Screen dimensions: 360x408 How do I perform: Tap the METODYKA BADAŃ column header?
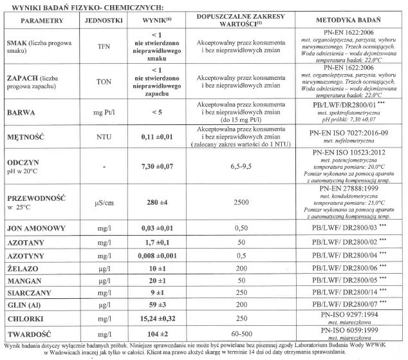pos(353,21)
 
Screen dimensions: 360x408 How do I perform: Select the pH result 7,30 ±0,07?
pos(154,167)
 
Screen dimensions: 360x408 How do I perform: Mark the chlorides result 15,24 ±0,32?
pos(154,317)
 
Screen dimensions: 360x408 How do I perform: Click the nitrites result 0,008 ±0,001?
pos(154,256)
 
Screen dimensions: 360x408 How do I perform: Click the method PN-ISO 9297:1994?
pos(353,314)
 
